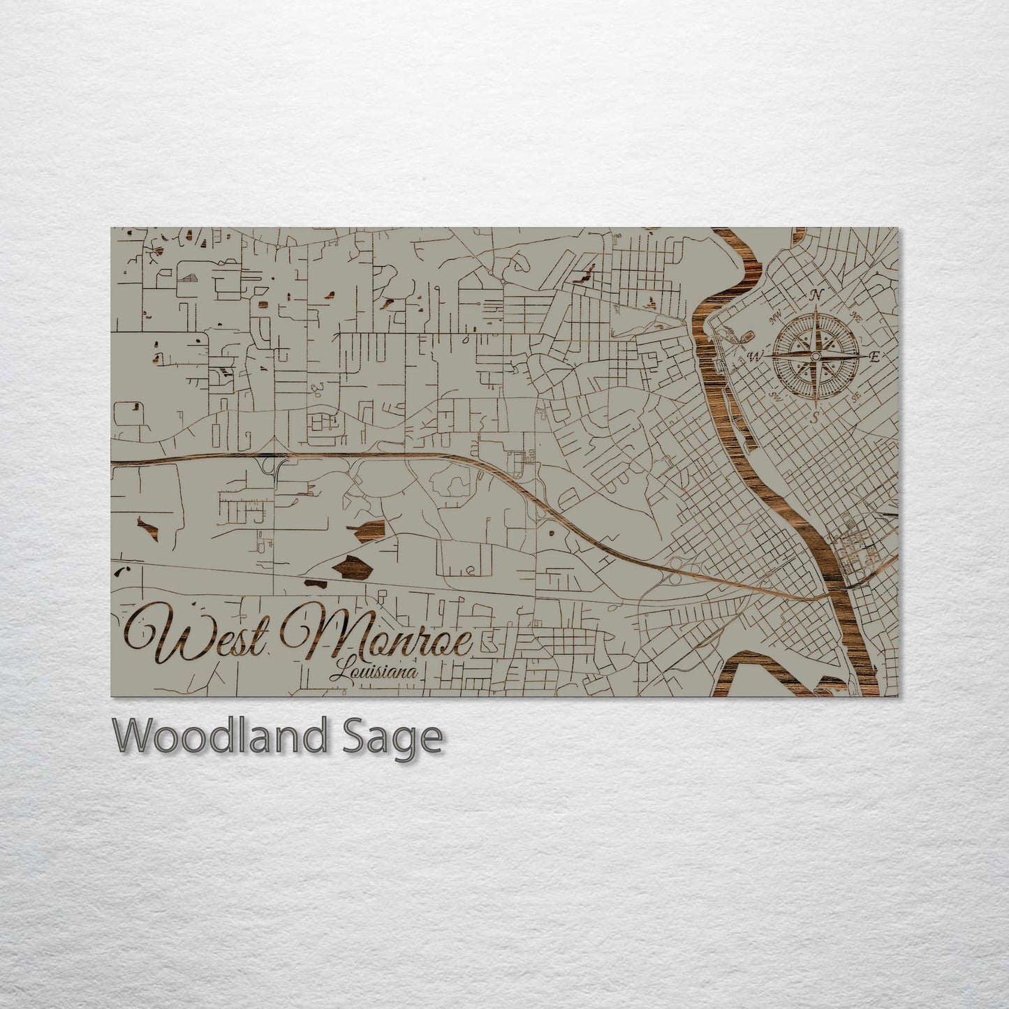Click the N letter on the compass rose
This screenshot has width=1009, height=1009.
click(x=815, y=295)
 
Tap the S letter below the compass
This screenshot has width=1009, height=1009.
click(x=815, y=418)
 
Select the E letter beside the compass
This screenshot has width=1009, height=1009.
click(x=874, y=357)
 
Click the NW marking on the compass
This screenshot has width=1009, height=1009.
click(x=774, y=320)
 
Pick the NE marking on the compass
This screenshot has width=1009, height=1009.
click(x=857, y=318)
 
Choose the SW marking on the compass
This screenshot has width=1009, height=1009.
click(x=774, y=395)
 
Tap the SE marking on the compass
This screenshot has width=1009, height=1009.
click(x=855, y=395)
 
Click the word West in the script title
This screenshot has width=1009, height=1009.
click(x=196, y=635)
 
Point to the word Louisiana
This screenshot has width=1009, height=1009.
click(x=375, y=672)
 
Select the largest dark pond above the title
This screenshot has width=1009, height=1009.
click(x=353, y=567)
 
